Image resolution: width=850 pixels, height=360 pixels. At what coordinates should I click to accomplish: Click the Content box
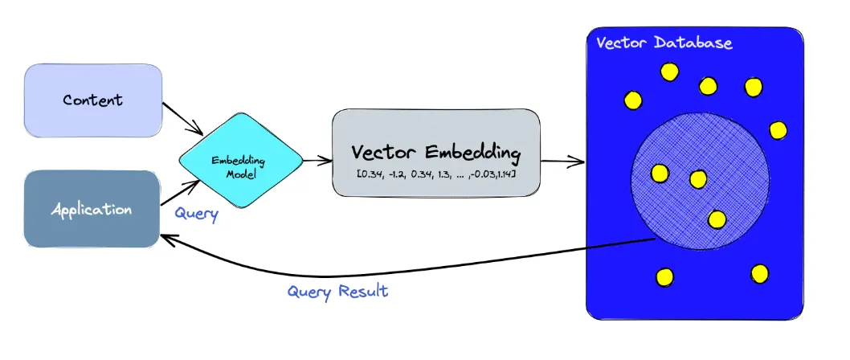92,100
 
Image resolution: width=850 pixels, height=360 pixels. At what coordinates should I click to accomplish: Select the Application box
92,209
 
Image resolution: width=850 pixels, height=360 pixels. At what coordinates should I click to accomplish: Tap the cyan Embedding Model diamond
241,161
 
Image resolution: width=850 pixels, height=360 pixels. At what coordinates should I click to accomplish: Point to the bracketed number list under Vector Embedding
435,174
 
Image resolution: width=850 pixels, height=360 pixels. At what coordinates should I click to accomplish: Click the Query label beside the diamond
196,215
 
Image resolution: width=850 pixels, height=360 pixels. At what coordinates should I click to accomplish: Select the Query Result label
337,292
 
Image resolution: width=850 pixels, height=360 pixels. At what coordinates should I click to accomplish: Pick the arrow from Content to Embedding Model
182,118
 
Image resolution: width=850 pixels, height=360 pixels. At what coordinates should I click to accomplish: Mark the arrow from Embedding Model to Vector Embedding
317,160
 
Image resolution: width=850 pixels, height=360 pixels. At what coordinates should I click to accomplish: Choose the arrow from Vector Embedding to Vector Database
562,161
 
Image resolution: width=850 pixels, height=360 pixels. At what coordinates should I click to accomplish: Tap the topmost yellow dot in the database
669,72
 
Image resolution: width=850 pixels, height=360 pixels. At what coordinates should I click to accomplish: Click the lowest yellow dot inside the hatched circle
717,219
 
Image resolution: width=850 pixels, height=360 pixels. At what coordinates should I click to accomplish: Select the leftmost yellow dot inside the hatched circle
660,173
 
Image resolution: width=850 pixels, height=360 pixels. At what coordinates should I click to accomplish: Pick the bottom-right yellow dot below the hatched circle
759,274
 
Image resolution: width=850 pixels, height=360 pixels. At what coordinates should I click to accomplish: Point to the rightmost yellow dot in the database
778,130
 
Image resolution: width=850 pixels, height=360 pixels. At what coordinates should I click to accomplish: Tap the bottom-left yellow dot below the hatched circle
664,277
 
